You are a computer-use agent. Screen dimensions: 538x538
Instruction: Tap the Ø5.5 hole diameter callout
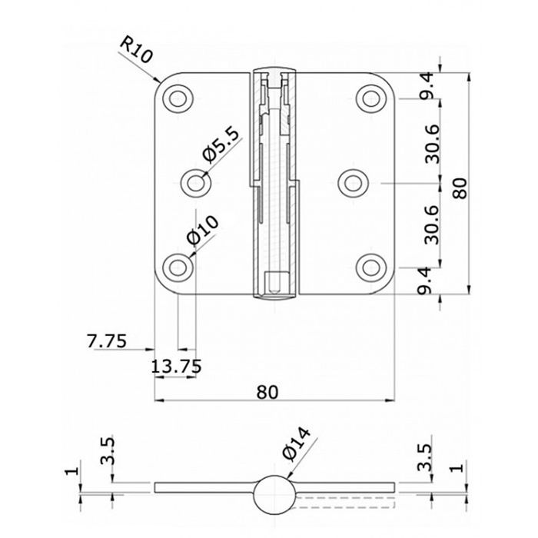[x=220, y=146]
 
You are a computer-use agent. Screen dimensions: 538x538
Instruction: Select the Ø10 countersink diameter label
[x=202, y=231]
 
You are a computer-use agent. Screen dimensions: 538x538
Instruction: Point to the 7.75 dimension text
[x=107, y=340]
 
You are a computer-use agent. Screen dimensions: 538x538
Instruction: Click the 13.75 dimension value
[x=176, y=366]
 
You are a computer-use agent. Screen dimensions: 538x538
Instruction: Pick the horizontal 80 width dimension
[x=267, y=392]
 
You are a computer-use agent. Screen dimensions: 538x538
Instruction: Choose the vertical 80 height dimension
[x=460, y=188]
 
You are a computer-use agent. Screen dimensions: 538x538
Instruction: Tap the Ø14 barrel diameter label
[x=297, y=443]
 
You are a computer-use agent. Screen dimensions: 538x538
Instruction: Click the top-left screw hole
[x=178, y=99]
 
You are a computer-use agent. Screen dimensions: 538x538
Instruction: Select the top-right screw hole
[x=371, y=99]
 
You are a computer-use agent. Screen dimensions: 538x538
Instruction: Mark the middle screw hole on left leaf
[x=196, y=183]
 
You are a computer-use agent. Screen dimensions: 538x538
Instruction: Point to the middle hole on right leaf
[x=353, y=183]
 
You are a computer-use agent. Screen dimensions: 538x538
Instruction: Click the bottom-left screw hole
[x=178, y=267]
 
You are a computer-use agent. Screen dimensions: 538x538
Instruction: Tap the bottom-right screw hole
[x=371, y=267]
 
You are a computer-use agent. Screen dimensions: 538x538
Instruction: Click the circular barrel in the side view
[x=274, y=494]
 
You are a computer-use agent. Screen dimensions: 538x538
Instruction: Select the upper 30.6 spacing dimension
[x=432, y=144]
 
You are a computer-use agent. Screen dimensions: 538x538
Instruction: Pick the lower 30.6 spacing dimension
[x=432, y=224]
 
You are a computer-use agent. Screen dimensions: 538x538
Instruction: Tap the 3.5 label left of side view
[x=107, y=451]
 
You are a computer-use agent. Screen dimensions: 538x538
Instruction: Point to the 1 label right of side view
[x=459, y=467]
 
